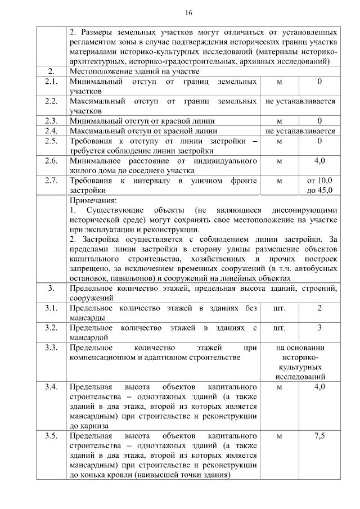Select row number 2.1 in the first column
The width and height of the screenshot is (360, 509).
click(x=51, y=82)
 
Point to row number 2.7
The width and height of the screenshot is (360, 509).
click(x=51, y=181)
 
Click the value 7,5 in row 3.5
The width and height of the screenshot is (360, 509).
click(x=319, y=436)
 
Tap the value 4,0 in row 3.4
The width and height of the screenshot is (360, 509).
click(x=319, y=387)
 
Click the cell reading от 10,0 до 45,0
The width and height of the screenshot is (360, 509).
click(x=319, y=186)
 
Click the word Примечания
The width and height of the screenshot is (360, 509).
click(x=93, y=200)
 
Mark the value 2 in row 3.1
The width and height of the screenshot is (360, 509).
click(x=319, y=308)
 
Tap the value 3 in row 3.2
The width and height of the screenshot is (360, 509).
click(x=319, y=328)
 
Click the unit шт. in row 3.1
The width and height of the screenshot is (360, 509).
click(x=279, y=308)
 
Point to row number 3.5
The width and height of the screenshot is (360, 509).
click(x=51, y=436)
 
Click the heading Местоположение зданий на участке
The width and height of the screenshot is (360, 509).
click(x=134, y=72)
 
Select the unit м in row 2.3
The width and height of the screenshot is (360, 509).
click(x=280, y=121)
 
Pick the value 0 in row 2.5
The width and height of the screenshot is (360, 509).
click(x=319, y=141)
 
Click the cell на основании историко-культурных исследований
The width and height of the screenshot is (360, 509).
click(x=300, y=362)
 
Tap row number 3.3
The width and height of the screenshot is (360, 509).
click(x=51, y=348)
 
